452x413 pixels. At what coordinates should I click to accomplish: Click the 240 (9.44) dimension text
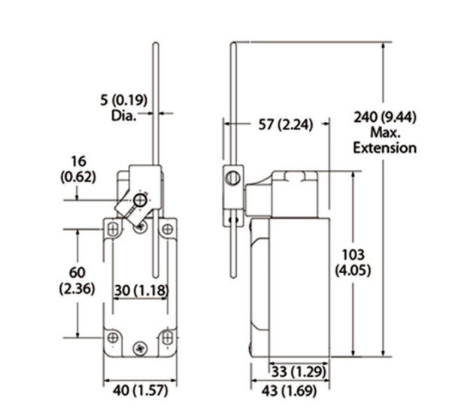click(x=385, y=117)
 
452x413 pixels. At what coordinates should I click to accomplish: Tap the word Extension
click(x=385, y=148)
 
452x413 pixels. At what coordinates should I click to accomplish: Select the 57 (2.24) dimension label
click(x=285, y=125)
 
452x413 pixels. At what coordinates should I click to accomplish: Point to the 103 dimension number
click(x=353, y=255)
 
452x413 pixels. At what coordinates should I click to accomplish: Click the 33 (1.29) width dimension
click(x=299, y=372)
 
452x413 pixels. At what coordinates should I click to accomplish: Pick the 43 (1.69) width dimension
click(x=289, y=390)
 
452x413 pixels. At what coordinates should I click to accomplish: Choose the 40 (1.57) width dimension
click(x=140, y=390)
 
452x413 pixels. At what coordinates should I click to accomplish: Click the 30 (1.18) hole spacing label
click(x=141, y=290)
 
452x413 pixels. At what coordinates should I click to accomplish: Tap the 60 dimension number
click(x=77, y=272)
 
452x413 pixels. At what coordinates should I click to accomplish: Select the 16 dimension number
click(x=78, y=161)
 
